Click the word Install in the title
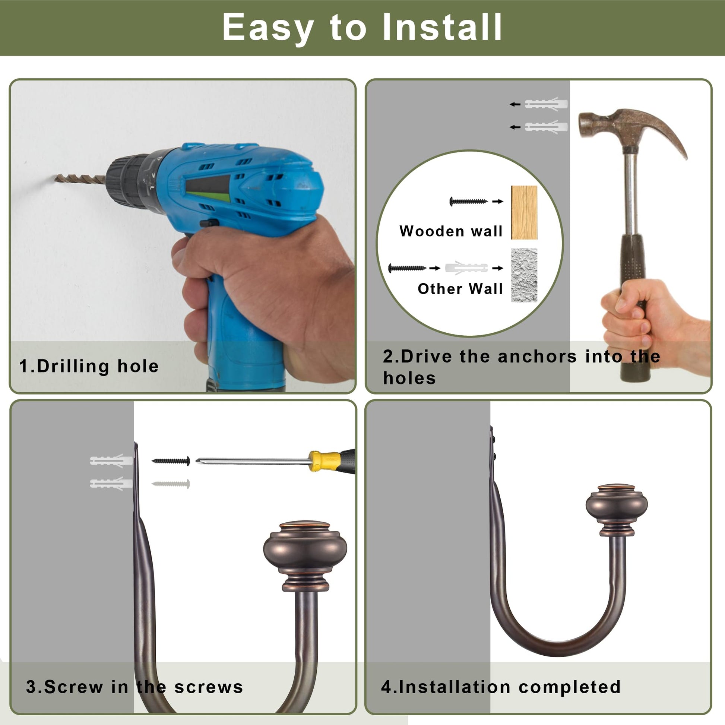point(442,27)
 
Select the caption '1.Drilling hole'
point(89,366)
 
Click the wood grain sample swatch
point(524,212)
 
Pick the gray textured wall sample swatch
point(524,275)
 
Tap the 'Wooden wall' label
point(451,231)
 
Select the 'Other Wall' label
point(460,289)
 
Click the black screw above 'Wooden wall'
point(468,202)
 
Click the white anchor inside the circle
point(466,268)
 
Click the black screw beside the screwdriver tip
point(171,461)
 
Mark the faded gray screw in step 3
point(171,484)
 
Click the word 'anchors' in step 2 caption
point(537,357)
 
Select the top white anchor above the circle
point(546,104)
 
